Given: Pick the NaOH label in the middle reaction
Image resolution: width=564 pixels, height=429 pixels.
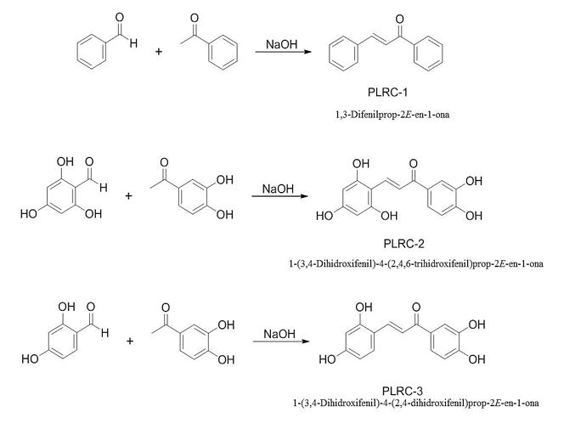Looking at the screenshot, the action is click(x=275, y=187).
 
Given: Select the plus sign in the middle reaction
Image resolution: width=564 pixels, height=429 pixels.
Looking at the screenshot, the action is click(x=130, y=196).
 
